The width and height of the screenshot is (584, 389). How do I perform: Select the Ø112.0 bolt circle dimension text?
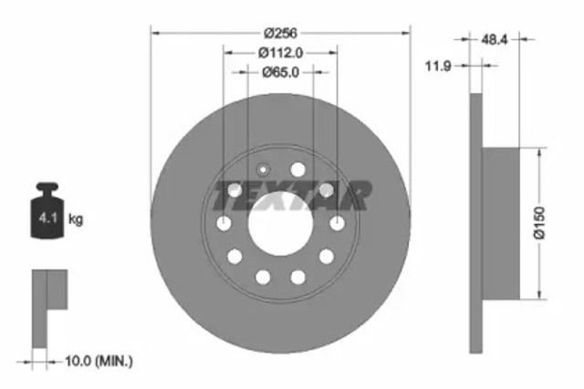(x=280, y=53)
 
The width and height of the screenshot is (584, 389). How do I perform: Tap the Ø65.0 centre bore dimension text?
(x=280, y=74)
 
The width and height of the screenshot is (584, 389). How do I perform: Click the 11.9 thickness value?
(x=447, y=66)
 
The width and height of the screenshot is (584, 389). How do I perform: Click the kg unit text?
(x=76, y=219)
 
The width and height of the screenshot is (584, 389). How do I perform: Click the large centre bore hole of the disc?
(x=280, y=224)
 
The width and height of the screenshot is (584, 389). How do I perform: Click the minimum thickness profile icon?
(x=47, y=306)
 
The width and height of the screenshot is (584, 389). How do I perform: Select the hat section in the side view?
(x=500, y=223)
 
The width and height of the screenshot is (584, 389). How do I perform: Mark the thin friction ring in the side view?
(x=475, y=223)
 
